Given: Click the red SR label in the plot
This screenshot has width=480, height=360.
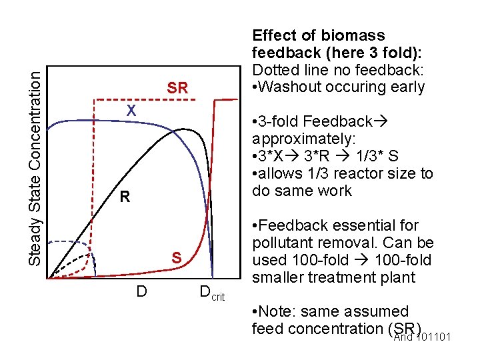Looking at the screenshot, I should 177,88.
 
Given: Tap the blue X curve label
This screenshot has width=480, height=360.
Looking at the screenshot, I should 132,111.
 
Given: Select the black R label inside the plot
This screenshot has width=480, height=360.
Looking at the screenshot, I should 124,197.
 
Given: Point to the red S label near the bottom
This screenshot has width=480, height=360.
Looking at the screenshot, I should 177,257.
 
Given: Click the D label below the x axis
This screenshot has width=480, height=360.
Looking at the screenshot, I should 141,291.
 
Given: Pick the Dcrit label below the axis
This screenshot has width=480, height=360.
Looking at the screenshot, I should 213,293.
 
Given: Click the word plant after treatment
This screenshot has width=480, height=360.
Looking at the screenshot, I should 396,277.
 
